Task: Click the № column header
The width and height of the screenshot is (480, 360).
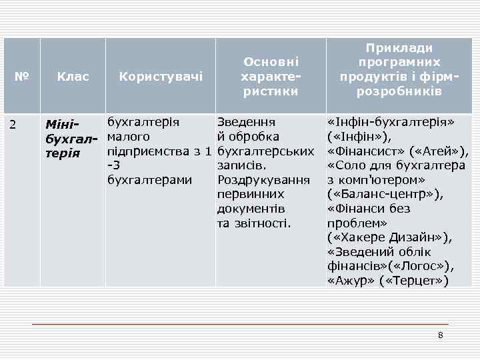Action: pos(22,77)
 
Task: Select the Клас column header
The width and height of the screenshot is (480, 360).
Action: pos(73,77)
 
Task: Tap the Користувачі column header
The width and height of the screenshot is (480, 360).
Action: pos(161,77)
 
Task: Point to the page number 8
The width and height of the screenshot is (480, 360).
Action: pos(440,334)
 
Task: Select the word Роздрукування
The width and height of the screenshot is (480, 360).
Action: pos(264,180)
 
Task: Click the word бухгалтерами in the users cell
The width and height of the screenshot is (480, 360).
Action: pos(149,180)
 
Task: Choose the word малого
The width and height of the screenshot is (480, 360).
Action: pos(128,137)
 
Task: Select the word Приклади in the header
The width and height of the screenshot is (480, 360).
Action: pos(399,48)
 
